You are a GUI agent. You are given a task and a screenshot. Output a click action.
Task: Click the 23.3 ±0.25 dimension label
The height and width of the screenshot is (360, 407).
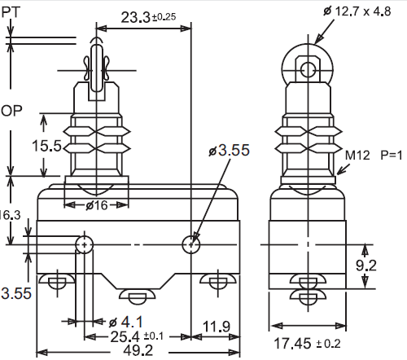(x=148, y=17)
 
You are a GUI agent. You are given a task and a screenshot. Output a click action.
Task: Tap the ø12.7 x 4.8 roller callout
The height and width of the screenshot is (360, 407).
(x=357, y=11)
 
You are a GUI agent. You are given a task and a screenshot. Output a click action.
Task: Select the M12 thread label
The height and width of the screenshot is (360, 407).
(x=357, y=156)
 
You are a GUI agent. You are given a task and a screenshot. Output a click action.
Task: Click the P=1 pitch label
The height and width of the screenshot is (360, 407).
(x=391, y=156)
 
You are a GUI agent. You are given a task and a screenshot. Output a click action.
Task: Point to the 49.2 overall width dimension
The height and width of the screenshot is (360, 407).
(x=138, y=350)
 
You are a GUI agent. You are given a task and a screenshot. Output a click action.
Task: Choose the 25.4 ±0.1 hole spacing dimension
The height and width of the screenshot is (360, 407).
(x=137, y=336)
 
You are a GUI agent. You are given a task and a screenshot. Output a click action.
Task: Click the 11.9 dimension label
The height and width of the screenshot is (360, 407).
(x=217, y=326)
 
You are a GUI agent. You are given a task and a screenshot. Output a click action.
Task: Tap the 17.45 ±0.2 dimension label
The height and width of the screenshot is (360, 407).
(x=307, y=344)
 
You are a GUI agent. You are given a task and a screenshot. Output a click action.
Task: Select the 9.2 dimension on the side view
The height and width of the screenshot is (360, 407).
(x=366, y=266)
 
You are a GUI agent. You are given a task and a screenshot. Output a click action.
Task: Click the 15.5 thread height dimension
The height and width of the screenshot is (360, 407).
(x=46, y=146)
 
